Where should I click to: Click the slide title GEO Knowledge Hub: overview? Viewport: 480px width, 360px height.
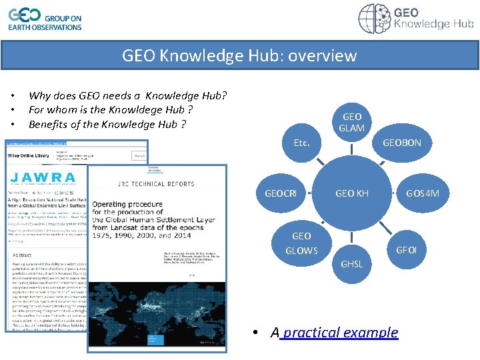click(x=239, y=55)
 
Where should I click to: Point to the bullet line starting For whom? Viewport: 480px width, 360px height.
click(x=111, y=109)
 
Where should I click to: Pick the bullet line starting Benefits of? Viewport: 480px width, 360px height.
click(x=107, y=124)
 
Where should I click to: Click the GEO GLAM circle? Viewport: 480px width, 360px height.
click(x=352, y=122)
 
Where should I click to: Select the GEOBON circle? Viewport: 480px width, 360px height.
click(x=401, y=143)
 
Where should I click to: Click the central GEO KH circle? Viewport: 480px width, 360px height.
click(x=352, y=193)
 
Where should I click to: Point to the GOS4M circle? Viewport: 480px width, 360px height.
click(x=423, y=193)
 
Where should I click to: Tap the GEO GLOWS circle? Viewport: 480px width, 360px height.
click(x=301, y=243)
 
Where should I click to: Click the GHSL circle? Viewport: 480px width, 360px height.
click(x=352, y=263)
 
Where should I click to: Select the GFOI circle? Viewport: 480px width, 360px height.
click(x=406, y=250)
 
